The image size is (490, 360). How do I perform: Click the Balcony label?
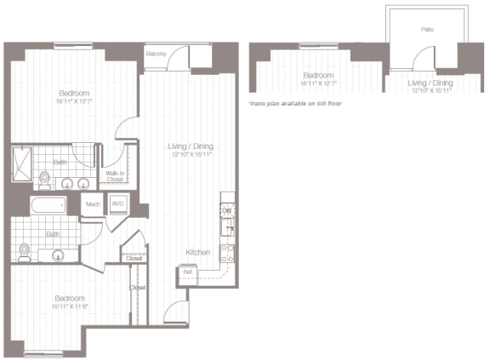pyautogui.click(x=155, y=54)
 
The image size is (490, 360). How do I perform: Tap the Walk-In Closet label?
pyautogui.click(x=114, y=176)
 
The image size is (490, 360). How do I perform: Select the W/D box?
pyautogui.click(x=117, y=204)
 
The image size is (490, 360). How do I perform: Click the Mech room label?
pyautogui.click(x=93, y=204)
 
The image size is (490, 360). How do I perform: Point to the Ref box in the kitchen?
pyautogui.click(x=187, y=272)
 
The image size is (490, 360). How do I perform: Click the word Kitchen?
pyautogui.click(x=198, y=253)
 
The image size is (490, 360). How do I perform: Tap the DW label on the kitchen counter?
pyautogui.click(x=227, y=210)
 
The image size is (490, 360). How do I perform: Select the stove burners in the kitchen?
pyautogui.click(x=228, y=252)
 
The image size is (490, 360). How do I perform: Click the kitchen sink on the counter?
pyautogui.click(x=228, y=228)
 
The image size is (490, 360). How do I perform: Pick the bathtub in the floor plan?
pyautogui.click(x=48, y=205)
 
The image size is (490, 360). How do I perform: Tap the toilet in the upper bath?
pyautogui.click(x=44, y=180)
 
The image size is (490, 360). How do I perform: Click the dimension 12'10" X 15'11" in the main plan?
pyautogui.click(x=191, y=155)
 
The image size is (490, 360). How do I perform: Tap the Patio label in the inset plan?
pyautogui.click(x=427, y=29)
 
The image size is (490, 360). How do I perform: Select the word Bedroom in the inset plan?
pyautogui.click(x=317, y=75)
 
